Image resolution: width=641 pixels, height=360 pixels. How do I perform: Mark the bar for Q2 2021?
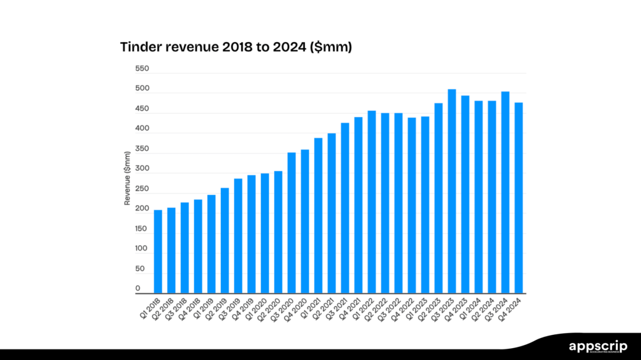pyautogui.click(x=332, y=213)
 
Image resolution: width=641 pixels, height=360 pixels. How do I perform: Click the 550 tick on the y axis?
pyautogui.click(x=142, y=68)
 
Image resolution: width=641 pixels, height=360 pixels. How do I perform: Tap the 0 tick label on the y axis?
pyautogui.click(x=138, y=289)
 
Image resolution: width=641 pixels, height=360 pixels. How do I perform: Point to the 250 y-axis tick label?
pyautogui.click(x=142, y=188)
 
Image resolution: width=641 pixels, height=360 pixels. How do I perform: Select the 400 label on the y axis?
pyautogui.click(x=142, y=128)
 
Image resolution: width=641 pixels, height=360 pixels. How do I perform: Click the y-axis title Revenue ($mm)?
pyautogui.click(x=128, y=178)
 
